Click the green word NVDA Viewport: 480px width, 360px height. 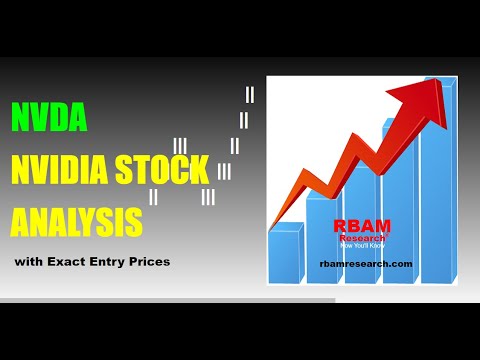49,119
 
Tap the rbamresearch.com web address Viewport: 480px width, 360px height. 366,263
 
